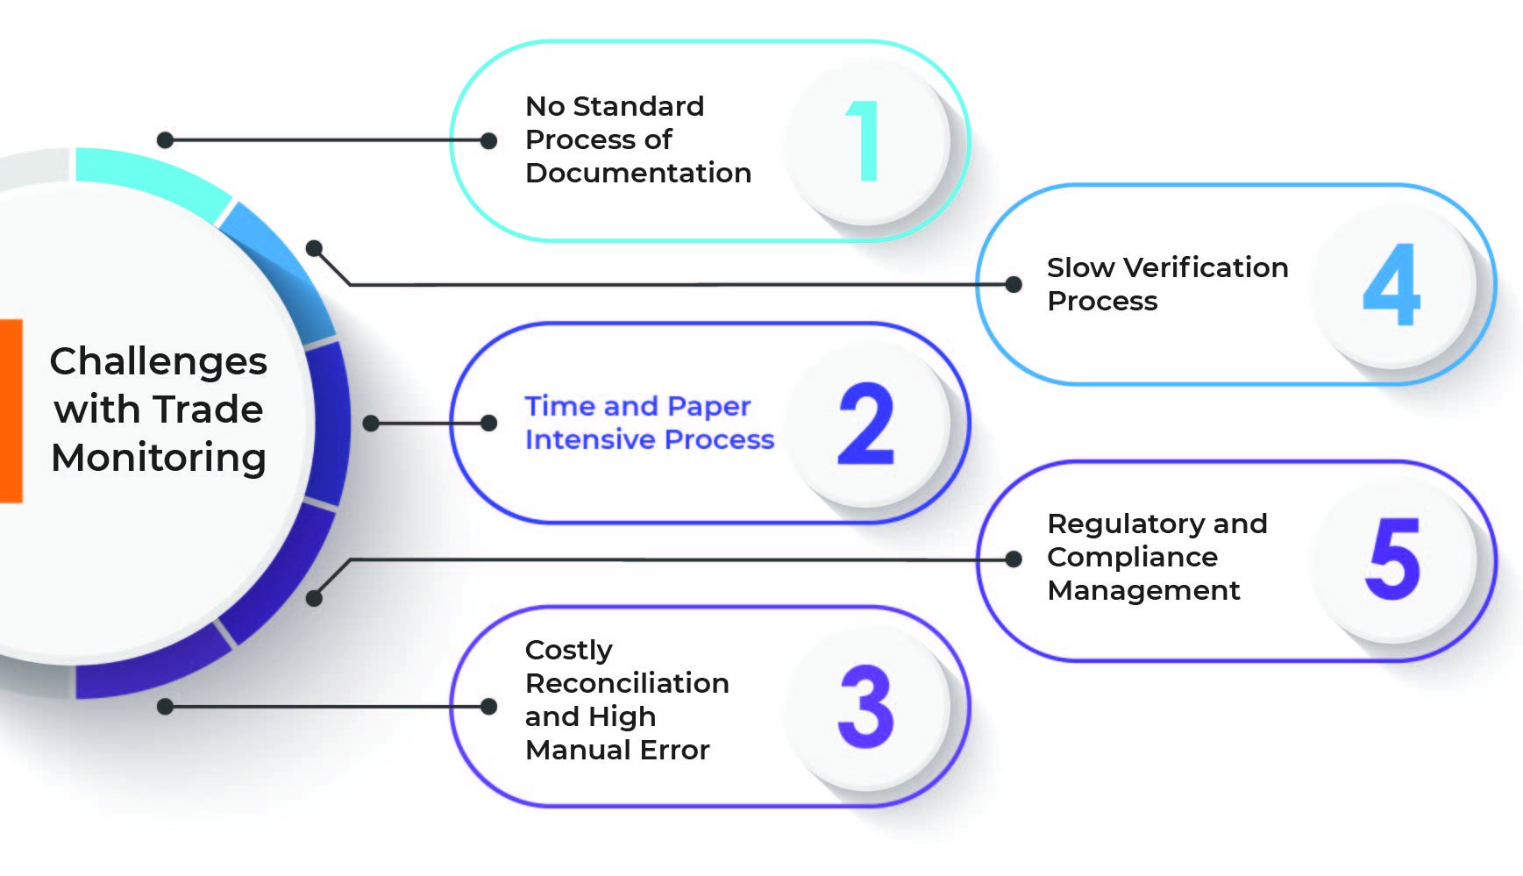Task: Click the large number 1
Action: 864,140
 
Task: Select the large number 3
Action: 866,706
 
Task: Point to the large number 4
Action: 1391,284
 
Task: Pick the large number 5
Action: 1392,559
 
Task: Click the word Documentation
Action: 638,173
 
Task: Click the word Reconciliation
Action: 627,683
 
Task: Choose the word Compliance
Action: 1133,558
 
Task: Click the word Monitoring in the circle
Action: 159,458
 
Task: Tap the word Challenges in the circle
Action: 159,361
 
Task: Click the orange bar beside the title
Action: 11,410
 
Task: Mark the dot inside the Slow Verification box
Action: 1014,284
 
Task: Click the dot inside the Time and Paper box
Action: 489,424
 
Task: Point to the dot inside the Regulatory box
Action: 1014,559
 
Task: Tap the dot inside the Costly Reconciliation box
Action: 489,706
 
